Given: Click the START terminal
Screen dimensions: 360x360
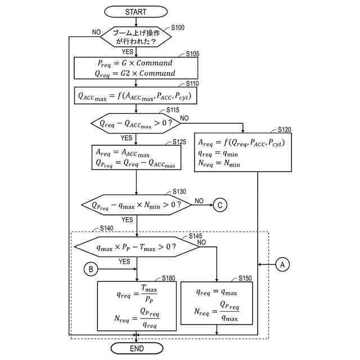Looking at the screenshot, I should [x=136, y=11].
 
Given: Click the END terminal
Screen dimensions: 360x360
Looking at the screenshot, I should [x=136, y=349].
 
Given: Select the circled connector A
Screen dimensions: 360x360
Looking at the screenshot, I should [x=282, y=263].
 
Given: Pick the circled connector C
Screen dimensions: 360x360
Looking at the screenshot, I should [x=220, y=205].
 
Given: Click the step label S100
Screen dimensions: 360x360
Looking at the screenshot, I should [x=178, y=28].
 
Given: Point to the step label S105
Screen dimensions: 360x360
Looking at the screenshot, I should [x=192, y=54].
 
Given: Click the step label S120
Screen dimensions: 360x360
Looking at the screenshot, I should [x=284, y=129].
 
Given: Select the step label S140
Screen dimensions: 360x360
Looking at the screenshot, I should [x=106, y=228].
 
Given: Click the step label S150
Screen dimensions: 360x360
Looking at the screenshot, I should [x=245, y=278].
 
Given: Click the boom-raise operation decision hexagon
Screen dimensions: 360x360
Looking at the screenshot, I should [x=136, y=37].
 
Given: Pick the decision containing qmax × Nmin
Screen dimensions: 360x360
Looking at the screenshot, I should [x=136, y=205].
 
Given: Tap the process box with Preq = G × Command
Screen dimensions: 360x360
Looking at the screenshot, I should [x=136, y=68].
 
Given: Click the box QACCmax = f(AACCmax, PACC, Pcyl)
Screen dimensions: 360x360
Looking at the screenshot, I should [x=136, y=96].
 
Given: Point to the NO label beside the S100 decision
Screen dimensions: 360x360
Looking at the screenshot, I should [x=96, y=32].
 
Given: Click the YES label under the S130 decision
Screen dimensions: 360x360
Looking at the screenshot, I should [x=128, y=220].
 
